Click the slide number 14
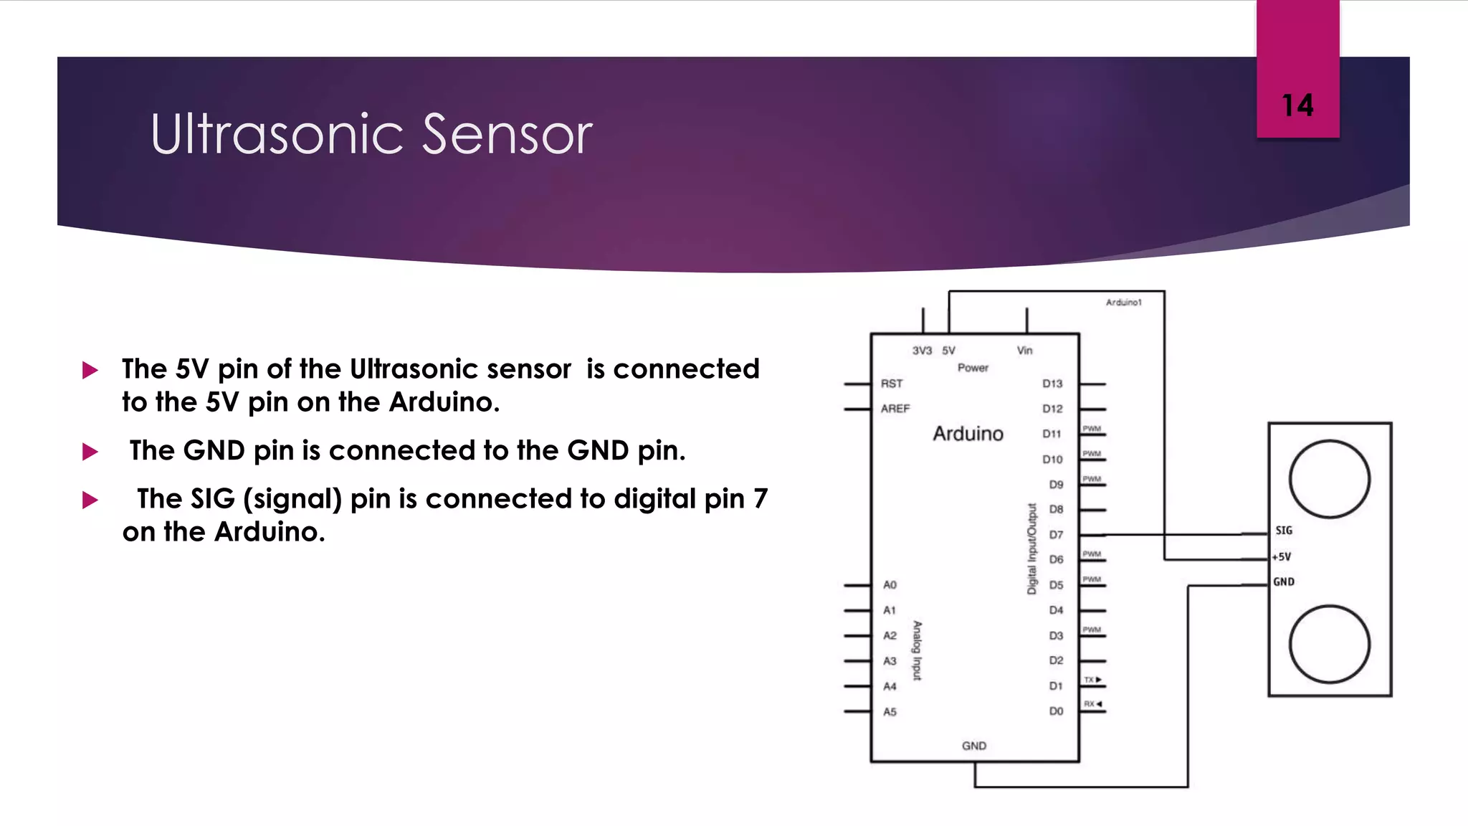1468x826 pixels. [1297, 105]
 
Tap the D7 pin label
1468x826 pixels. [1056, 535]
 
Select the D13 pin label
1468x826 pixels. [1052, 384]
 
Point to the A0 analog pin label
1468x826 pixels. [890, 585]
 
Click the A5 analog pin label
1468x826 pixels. [890, 712]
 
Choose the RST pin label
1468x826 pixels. [892, 384]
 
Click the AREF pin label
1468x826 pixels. [895, 409]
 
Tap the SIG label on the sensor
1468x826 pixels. [1284, 531]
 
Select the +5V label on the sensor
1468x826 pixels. [1282, 556]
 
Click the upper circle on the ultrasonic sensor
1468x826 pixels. [1330, 479]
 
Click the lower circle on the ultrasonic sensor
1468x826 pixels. [1330, 644]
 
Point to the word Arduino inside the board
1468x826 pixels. [968, 434]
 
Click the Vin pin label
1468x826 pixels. [1024, 351]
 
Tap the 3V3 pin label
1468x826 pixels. [922, 351]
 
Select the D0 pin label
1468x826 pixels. [1056, 711]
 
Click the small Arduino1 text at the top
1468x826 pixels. [1123, 303]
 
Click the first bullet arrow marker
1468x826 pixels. [90, 370]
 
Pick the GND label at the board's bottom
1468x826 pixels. [974, 746]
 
